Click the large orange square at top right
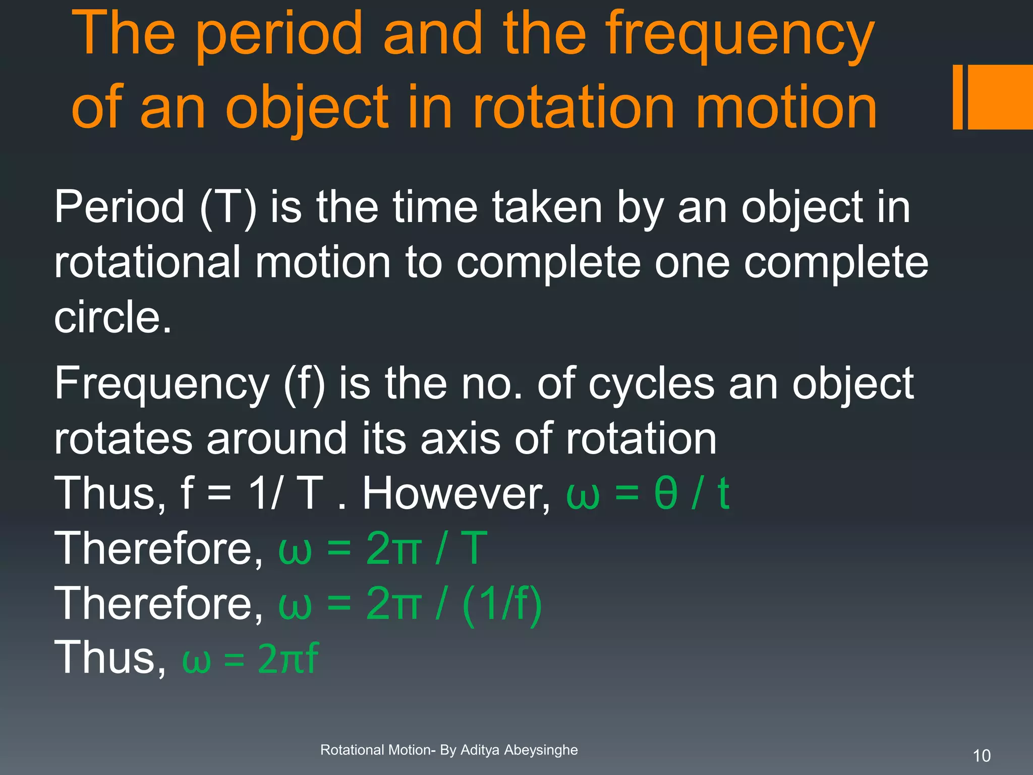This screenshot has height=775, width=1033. click(1000, 97)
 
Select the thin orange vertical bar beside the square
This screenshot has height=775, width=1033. click(957, 97)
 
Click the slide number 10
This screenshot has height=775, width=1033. click(982, 756)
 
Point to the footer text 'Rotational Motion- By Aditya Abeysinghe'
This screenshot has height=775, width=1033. click(449, 750)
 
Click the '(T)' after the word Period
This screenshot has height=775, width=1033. click(228, 208)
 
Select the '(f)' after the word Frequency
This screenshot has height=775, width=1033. click(305, 384)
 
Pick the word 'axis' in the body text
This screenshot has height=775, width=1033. click(460, 438)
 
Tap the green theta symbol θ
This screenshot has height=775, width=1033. click(665, 494)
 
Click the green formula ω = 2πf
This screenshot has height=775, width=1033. click(250, 658)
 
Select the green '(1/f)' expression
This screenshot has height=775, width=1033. click(501, 604)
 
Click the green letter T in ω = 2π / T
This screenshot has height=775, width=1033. click(474, 548)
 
